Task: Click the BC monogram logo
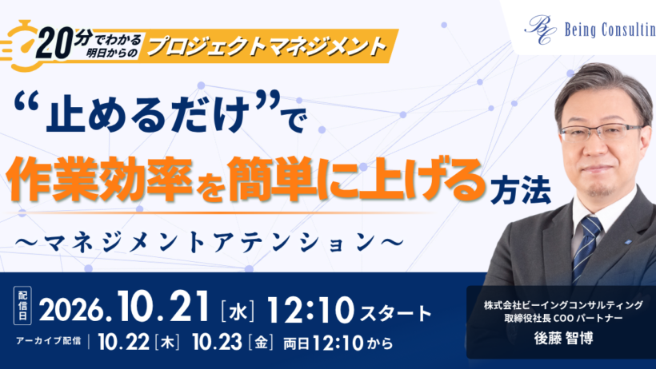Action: coord(540,30)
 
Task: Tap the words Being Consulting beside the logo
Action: coord(610,30)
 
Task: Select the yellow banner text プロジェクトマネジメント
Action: coord(266,46)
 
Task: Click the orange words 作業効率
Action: coord(99,178)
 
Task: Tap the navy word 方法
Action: coord(521,191)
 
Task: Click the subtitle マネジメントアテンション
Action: coord(209,243)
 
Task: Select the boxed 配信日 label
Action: coord(22,305)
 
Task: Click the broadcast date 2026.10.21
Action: coord(124,307)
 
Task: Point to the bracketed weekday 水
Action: coord(238,311)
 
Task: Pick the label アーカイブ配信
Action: coord(49,340)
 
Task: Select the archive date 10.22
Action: coord(123,343)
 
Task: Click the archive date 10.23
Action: coord(217,343)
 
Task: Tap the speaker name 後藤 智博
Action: coord(563,338)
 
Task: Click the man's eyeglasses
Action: coord(601,133)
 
